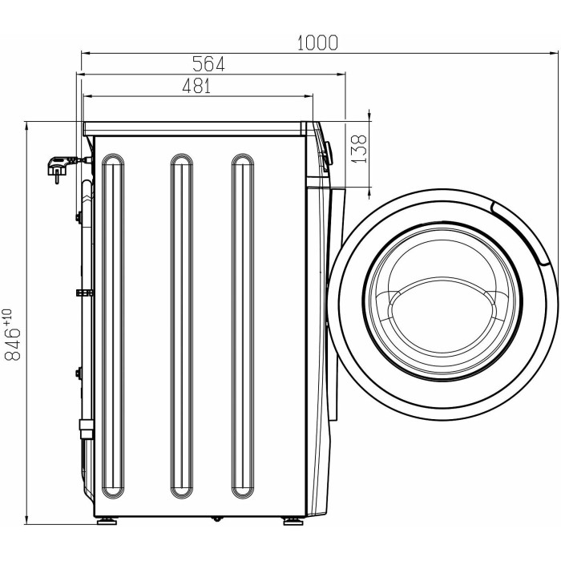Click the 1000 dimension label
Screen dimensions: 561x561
[317, 42]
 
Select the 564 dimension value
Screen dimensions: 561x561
[208, 64]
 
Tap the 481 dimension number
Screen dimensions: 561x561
[197, 86]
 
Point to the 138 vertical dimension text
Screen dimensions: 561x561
[359, 149]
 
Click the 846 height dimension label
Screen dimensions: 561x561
[13, 344]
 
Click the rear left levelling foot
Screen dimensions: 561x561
[107, 521]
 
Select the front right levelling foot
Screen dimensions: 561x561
[293, 521]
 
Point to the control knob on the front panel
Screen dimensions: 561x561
[328, 153]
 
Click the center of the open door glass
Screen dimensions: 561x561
[442, 300]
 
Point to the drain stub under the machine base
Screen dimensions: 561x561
[217, 519]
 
